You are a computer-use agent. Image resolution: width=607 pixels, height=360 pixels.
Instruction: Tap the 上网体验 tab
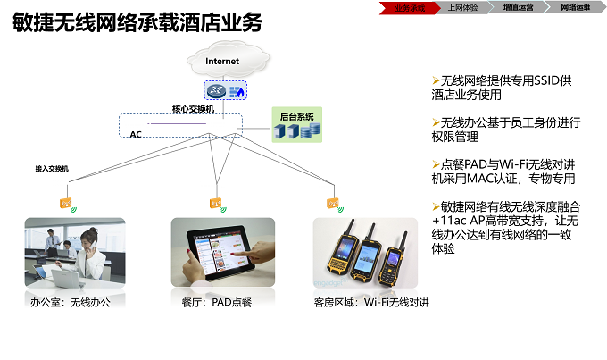462,7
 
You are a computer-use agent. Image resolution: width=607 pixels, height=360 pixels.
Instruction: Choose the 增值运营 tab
518,7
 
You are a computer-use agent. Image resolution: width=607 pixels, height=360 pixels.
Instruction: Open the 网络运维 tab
575,7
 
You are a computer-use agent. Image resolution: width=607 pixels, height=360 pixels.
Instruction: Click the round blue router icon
215,91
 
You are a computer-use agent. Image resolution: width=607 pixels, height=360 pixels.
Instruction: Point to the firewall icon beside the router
237,91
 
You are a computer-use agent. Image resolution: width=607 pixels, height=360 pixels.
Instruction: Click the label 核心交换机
193,108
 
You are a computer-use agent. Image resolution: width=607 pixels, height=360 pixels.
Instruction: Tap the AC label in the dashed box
136,134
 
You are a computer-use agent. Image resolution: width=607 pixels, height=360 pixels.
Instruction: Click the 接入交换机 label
52,168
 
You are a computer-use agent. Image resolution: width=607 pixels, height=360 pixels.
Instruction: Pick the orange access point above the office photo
67,205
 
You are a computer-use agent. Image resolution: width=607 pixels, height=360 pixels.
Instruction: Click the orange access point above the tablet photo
214,205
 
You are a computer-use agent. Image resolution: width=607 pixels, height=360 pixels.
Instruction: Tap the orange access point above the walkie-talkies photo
332,205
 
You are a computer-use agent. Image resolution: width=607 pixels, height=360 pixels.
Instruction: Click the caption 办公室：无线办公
71,303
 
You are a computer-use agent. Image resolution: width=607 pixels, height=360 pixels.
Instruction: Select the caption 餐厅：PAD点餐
216,303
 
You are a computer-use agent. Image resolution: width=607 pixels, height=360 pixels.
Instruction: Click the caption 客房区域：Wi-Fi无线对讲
371,303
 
